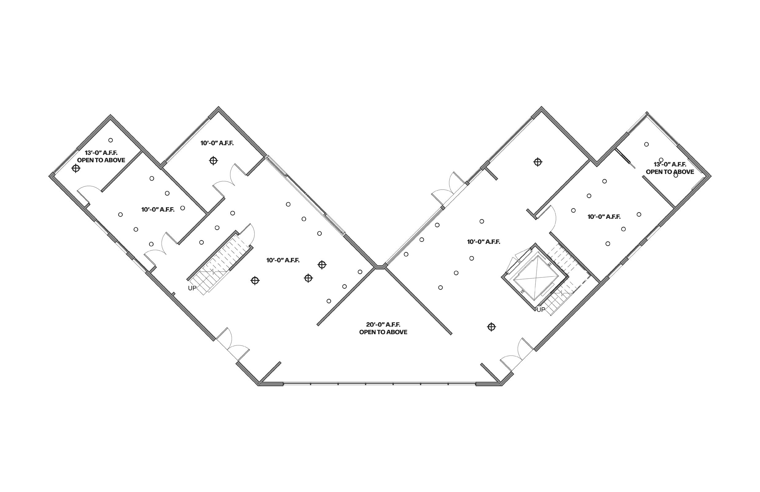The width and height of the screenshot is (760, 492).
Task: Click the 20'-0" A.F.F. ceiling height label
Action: [x=383, y=325]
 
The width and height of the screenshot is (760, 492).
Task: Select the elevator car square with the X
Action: [x=535, y=277]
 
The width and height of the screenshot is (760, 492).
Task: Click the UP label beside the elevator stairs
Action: [x=541, y=309]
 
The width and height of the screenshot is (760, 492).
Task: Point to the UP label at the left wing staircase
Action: [x=192, y=288]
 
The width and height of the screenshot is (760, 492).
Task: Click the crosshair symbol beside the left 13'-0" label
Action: [x=76, y=168]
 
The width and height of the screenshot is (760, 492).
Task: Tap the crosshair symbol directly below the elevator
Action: [x=492, y=327]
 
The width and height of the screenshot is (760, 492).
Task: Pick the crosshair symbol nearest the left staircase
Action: [x=255, y=281]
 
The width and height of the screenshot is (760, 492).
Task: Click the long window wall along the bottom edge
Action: [x=379, y=384]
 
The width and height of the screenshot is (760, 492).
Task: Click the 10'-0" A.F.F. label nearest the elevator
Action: [x=484, y=242]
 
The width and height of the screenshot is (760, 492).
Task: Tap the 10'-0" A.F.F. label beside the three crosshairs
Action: [x=283, y=260]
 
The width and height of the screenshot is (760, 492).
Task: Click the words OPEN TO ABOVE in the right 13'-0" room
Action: [x=670, y=172]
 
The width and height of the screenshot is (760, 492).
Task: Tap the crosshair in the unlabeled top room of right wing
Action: [x=538, y=162]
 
